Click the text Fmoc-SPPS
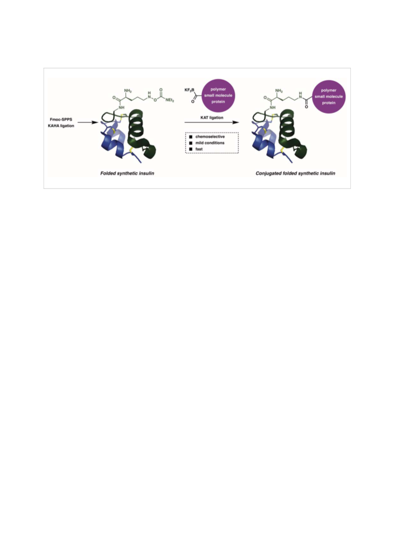[x=61, y=120]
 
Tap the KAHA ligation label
[x=61, y=126]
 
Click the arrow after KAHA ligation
[x=88, y=122]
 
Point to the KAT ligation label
[x=212, y=117]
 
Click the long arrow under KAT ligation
[x=212, y=122]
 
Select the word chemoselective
[x=210, y=137]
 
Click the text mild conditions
[x=210, y=143]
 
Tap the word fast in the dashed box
[x=199, y=149]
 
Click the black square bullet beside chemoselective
[x=191, y=137]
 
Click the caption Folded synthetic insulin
[x=127, y=173]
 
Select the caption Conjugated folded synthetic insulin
[x=295, y=173]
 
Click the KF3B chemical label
[x=189, y=90]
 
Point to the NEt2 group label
[x=170, y=100]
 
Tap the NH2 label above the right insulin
[x=279, y=91]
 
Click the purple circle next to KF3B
[x=218, y=96]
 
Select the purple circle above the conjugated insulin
[x=329, y=97]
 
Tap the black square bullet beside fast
[x=191, y=150]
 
